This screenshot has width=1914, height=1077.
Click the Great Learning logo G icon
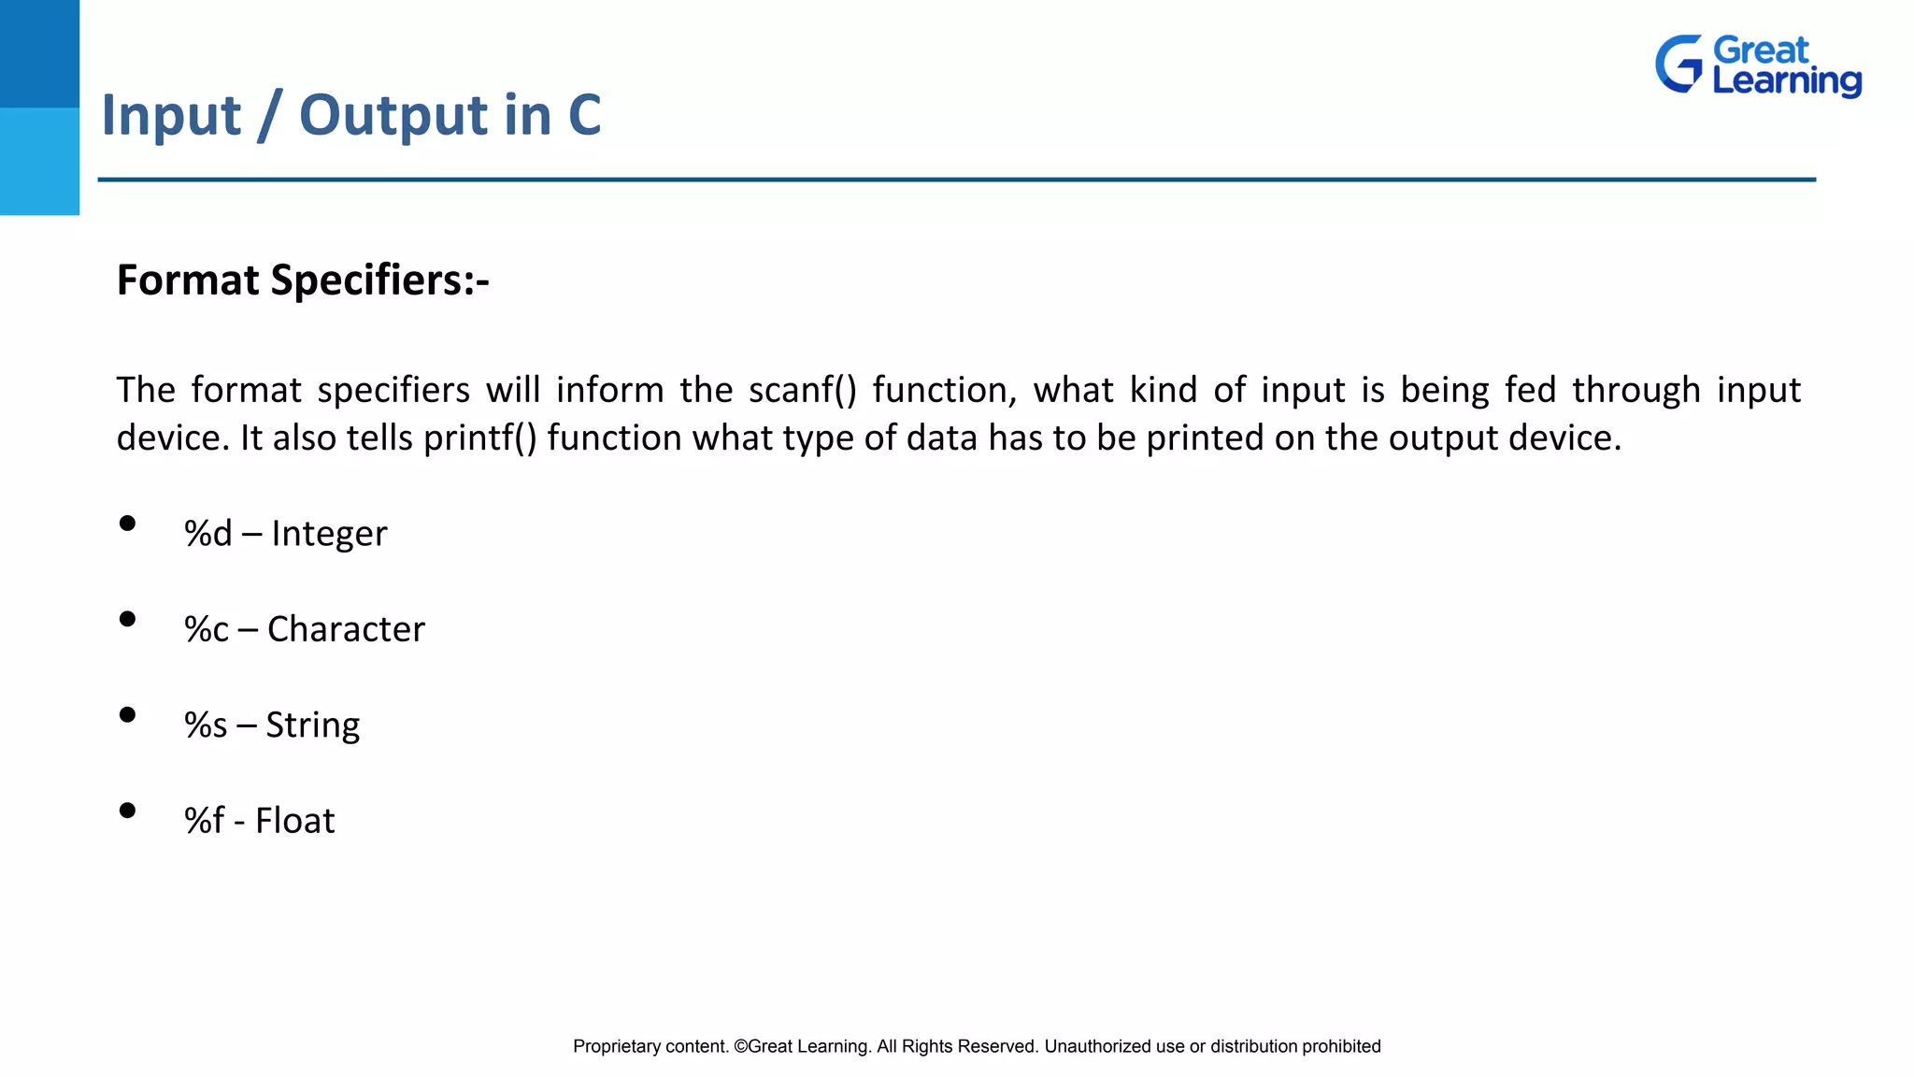[x=1679, y=65]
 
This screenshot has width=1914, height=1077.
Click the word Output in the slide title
[x=394, y=115]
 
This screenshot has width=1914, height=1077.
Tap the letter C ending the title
[x=584, y=115]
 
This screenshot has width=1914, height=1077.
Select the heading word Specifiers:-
[x=379, y=280]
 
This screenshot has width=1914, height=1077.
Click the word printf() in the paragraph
[x=480, y=438]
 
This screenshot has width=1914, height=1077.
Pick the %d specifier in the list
[x=207, y=534]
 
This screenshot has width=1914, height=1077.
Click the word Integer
[x=329, y=534]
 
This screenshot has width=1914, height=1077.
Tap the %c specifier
[x=206, y=629]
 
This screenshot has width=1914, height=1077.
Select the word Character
[x=346, y=629]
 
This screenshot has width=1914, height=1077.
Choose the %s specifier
[x=205, y=725]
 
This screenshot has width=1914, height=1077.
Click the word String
[x=312, y=725]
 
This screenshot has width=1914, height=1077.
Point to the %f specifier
[x=204, y=821]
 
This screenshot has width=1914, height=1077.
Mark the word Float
[x=294, y=821]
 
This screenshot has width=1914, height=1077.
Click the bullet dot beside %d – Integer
[x=128, y=524]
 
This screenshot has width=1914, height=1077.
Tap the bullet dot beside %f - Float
[x=128, y=811]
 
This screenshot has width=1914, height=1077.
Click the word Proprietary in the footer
[x=617, y=1047]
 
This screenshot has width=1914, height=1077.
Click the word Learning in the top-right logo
[x=1786, y=81]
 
